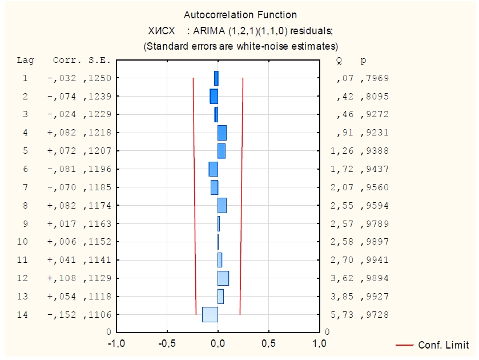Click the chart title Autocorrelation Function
click(240, 15)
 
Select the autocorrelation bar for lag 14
click(210, 314)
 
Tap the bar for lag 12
click(223, 278)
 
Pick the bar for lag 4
click(222, 133)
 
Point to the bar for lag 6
click(214, 169)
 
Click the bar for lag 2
click(214, 96)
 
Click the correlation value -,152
click(63, 315)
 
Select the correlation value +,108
click(63, 278)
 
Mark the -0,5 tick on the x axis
click(167, 343)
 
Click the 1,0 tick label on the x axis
click(319, 343)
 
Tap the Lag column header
click(25, 60)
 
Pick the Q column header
click(340, 60)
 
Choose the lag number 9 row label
click(25, 223)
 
